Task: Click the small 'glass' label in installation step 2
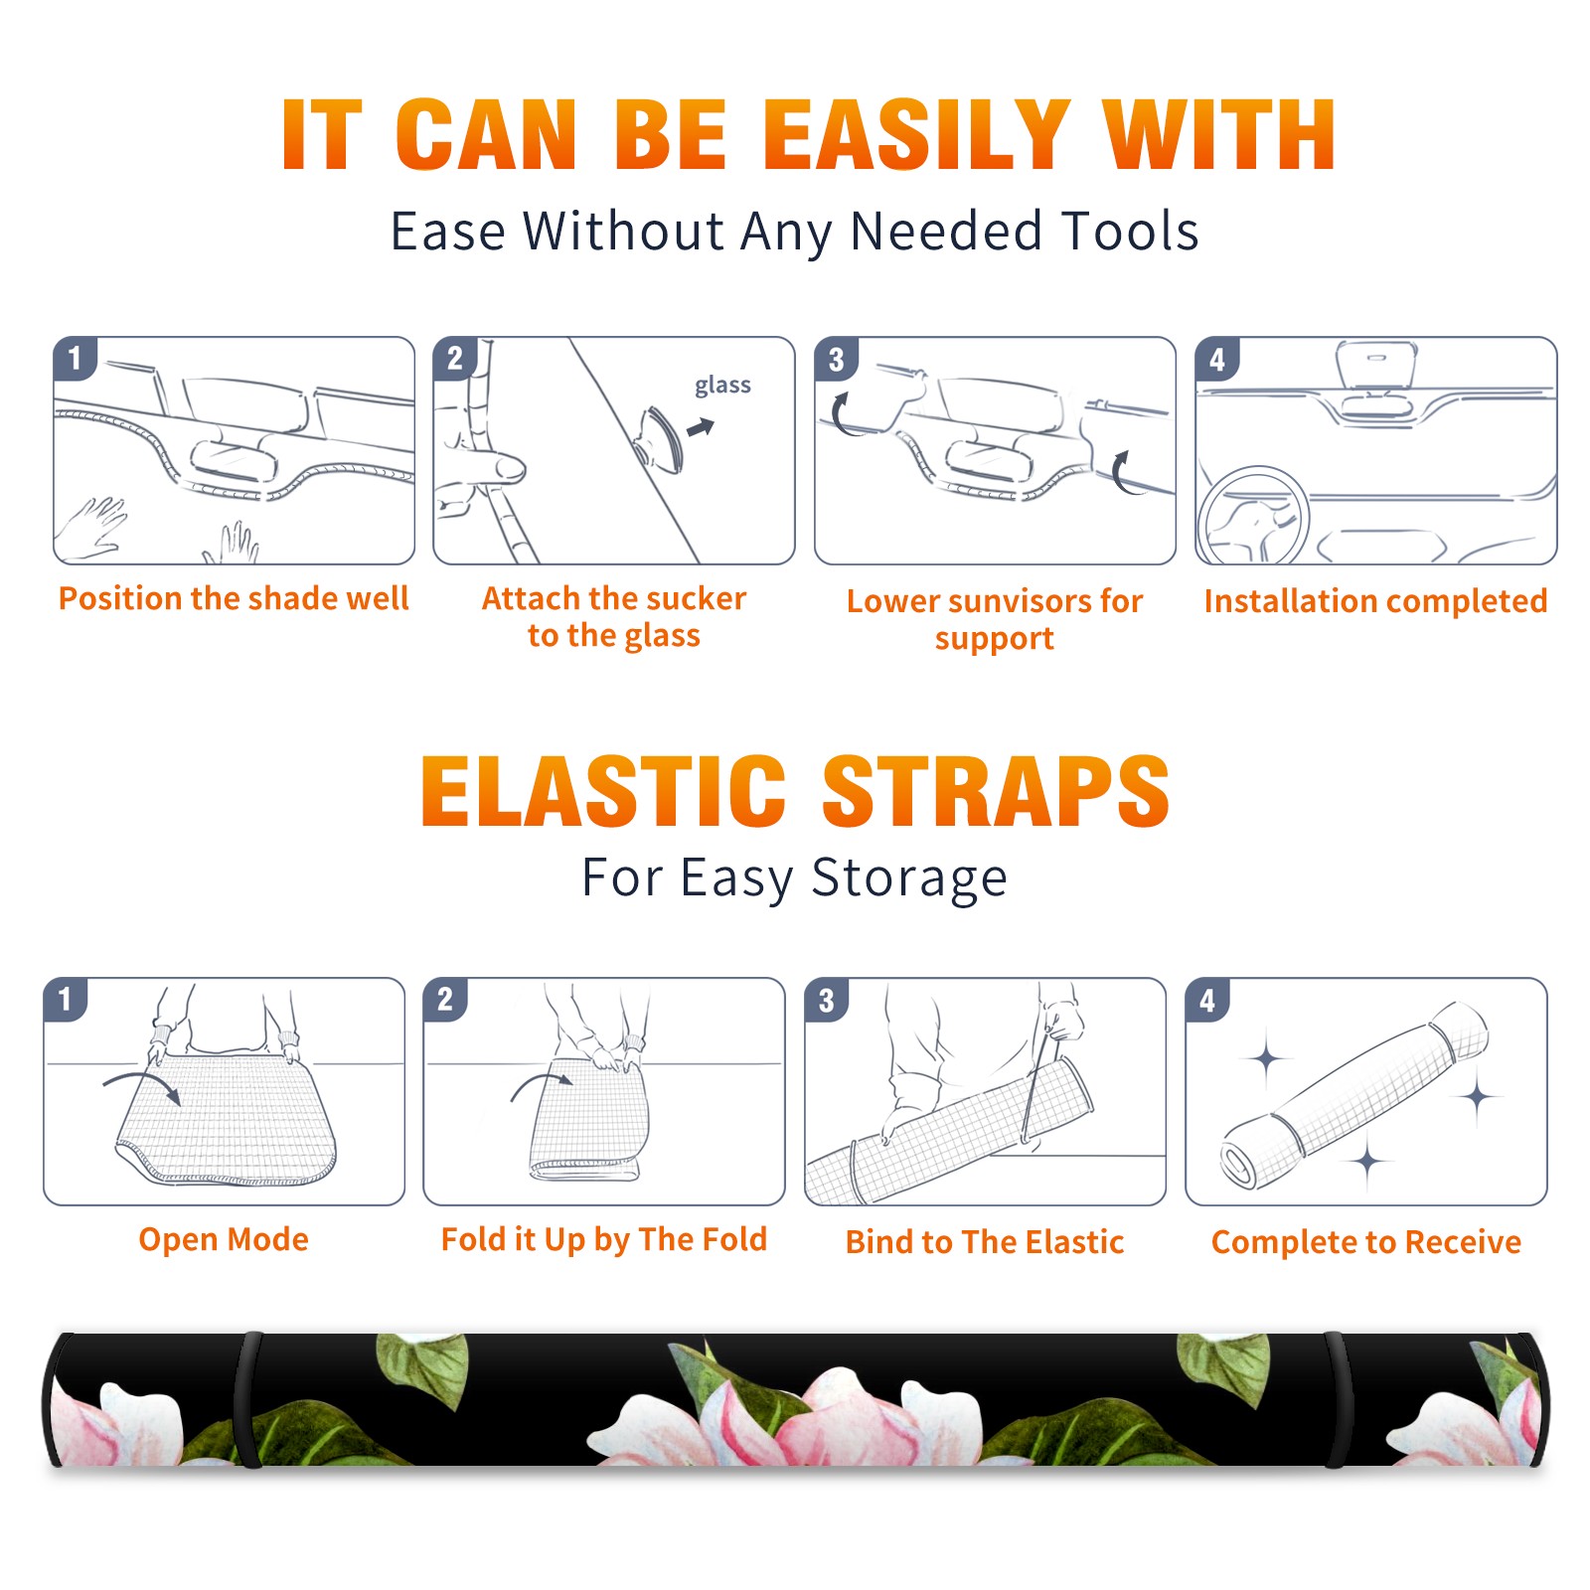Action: point(722,386)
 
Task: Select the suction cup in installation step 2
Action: point(661,438)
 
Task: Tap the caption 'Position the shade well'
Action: point(234,598)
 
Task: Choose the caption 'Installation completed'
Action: point(1375,601)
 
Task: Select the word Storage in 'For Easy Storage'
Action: point(909,878)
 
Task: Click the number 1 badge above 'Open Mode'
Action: point(66,999)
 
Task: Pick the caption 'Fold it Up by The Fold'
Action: point(604,1239)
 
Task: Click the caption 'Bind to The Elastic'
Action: point(985,1242)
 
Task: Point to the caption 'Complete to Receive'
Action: point(1366,1242)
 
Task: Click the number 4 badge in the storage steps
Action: point(1207,1000)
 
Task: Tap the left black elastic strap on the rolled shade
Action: point(247,1399)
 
